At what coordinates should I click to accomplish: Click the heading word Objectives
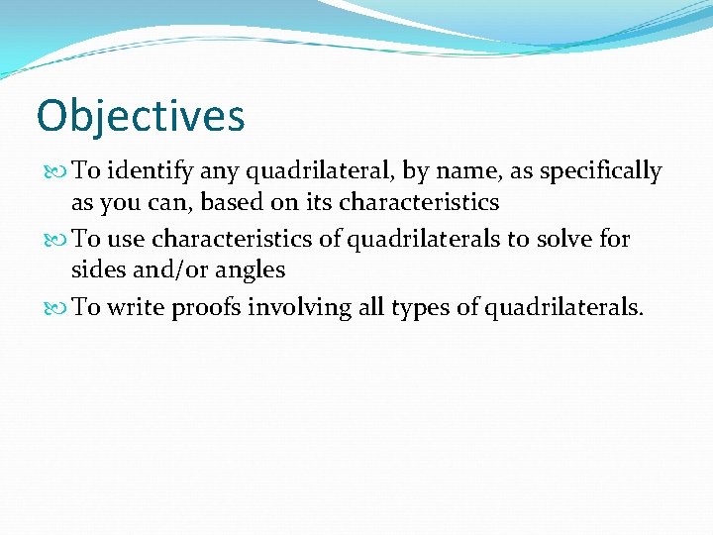tap(140, 116)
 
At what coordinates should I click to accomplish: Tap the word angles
tap(255, 269)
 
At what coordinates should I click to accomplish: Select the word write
tap(136, 307)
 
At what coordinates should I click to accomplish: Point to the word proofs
tap(206, 308)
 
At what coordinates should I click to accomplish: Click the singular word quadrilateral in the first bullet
tap(318, 171)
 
